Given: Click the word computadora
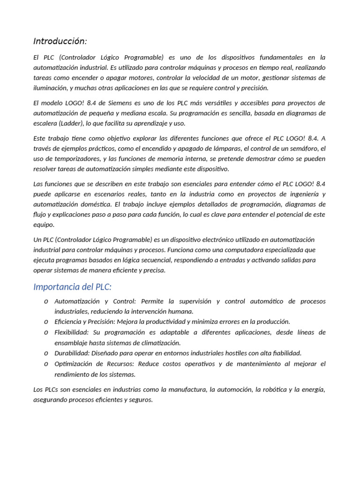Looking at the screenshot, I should click(255, 250).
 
